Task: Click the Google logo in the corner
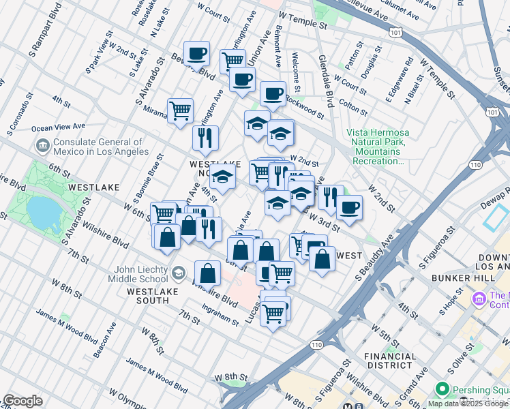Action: [22, 401]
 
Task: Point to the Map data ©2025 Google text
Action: [468, 404]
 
